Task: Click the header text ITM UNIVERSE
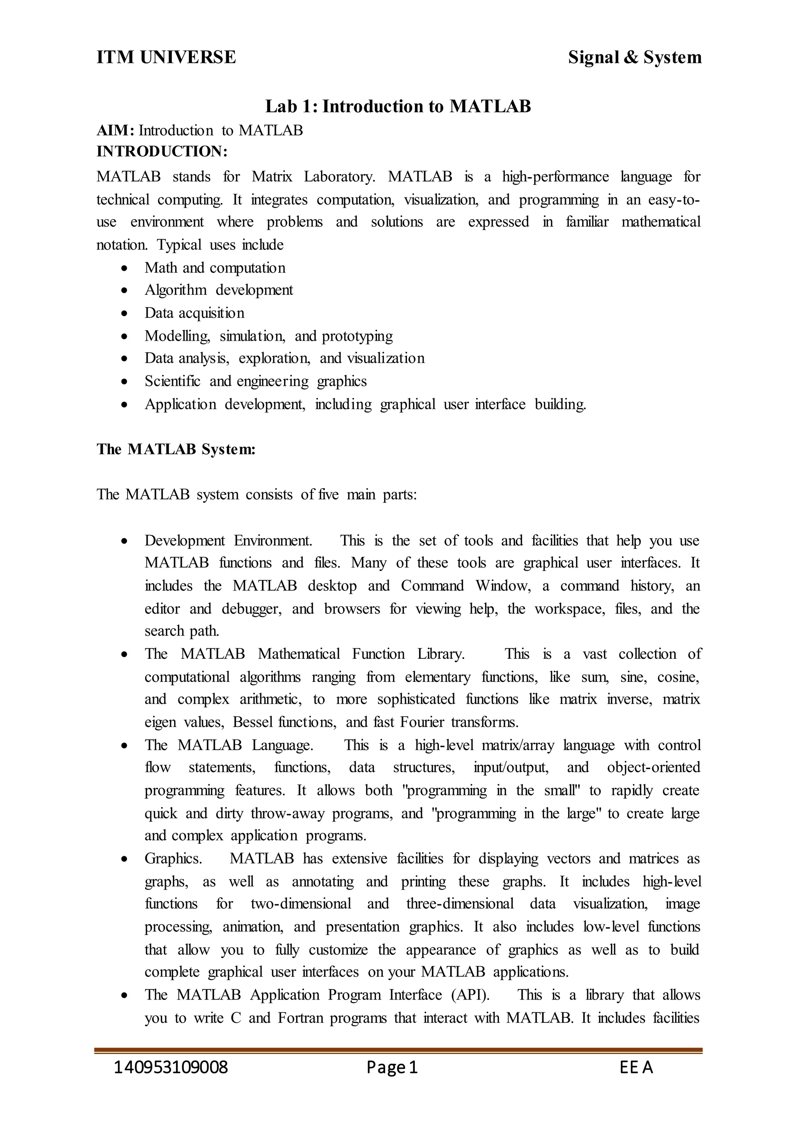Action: (x=166, y=57)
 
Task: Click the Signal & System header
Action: (x=635, y=57)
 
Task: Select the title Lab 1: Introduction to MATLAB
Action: (x=398, y=106)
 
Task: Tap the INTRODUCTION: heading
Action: (x=162, y=152)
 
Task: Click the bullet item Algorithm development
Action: (x=218, y=290)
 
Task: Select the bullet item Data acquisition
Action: (x=194, y=313)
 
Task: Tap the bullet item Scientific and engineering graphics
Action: (x=255, y=381)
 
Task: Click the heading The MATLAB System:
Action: (x=176, y=449)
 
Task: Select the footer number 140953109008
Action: (x=171, y=1067)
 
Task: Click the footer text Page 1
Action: (x=392, y=1067)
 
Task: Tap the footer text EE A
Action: (x=636, y=1067)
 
